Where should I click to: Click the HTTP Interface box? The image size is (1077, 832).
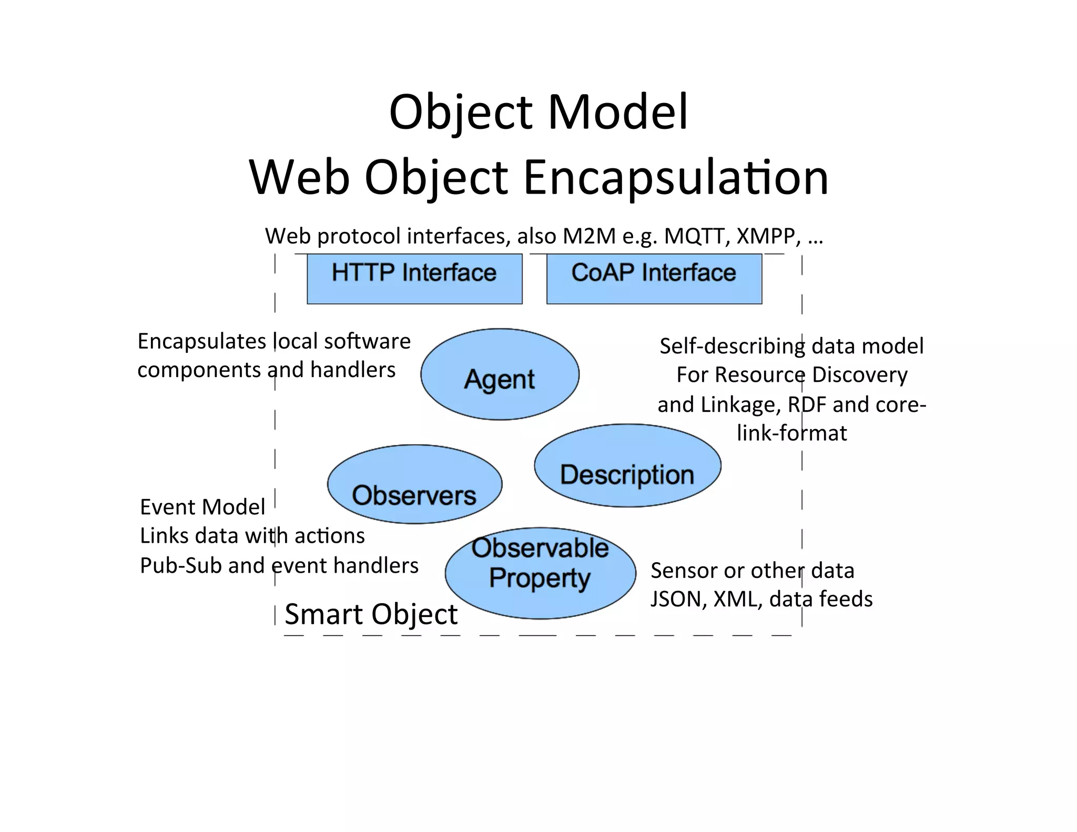pyautogui.click(x=414, y=279)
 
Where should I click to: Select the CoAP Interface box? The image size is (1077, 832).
pyautogui.click(x=654, y=279)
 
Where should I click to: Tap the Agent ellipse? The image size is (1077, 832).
pyautogui.click(x=500, y=374)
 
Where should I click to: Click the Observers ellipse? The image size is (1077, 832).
pyautogui.click(x=414, y=484)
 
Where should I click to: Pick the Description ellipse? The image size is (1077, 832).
pyautogui.click(x=627, y=466)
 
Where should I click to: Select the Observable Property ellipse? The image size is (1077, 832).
pyautogui.click(x=540, y=573)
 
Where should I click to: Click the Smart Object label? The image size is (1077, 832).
pyautogui.click(x=371, y=614)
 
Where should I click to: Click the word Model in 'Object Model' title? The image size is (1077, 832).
pyautogui.click(x=617, y=112)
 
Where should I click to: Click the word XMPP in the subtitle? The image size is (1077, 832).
pyautogui.click(x=768, y=237)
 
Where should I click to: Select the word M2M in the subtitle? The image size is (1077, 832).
pyautogui.click(x=588, y=237)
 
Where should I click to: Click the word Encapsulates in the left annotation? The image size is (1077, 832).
pyautogui.click(x=202, y=342)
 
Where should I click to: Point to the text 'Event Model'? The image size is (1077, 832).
pyautogui.click(x=202, y=508)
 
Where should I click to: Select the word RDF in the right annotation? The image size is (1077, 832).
pyautogui.click(x=807, y=405)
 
